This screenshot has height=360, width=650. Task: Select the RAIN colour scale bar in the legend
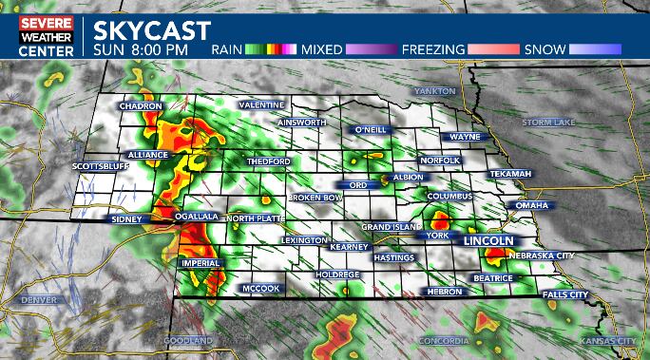click(x=271, y=48)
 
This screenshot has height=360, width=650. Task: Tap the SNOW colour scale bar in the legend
click(x=596, y=48)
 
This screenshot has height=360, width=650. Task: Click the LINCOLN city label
click(x=487, y=241)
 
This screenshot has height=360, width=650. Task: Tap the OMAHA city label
click(x=531, y=205)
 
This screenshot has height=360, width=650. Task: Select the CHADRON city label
click(x=142, y=106)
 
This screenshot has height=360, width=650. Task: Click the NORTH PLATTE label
click(x=255, y=218)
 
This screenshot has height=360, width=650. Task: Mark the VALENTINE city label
click(x=261, y=104)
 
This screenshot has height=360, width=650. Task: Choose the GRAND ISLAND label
click(x=391, y=228)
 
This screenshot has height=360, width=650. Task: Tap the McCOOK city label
click(x=259, y=288)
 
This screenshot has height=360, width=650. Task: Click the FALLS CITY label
click(x=565, y=294)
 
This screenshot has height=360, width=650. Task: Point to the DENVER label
click(x=39, y=300)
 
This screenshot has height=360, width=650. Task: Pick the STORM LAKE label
click(x=548, y=123)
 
